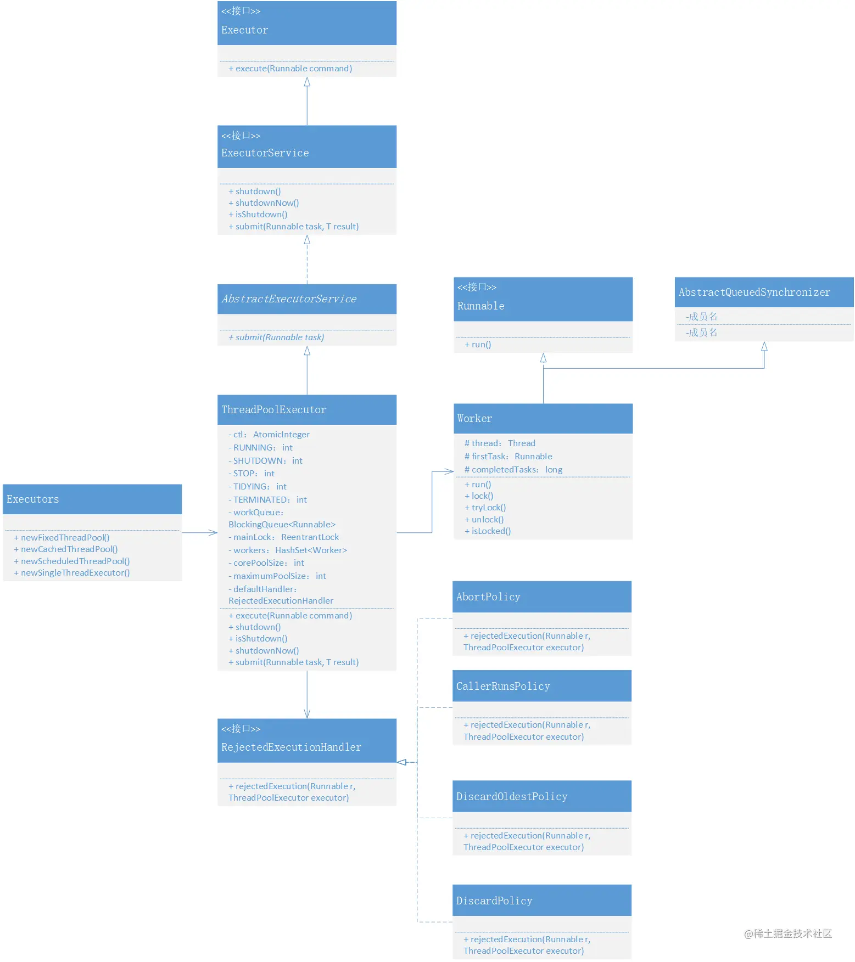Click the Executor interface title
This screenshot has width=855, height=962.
(x=245, y=30)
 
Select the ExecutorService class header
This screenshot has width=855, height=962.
(x=265, y=153)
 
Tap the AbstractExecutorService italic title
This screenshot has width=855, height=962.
(x=289, y=299)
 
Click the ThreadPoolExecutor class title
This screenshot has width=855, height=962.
(x=274, y=410)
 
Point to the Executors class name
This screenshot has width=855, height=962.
(x=33, y=499)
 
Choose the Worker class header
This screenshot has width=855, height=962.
(x=475, y=419)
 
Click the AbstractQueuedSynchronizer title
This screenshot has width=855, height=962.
(x=755, y=292)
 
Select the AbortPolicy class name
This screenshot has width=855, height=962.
(x=488, y=597)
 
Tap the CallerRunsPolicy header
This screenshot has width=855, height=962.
(x=503, y=687)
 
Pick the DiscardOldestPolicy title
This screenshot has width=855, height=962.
(x=512, y=797)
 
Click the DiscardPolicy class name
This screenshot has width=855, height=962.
(x=494, y=901)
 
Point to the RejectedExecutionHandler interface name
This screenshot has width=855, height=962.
(x=292, y=747)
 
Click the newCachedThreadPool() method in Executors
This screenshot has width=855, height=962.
(x=66, y=549)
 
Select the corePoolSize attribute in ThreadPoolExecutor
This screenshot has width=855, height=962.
(x=266, y=563)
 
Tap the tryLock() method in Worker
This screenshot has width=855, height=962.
(x=485, y=508)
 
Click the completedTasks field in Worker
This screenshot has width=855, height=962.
(x=513, y=470)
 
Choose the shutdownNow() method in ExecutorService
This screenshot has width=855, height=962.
(x=264, y=203)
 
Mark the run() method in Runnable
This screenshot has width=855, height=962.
(x=478, y=345)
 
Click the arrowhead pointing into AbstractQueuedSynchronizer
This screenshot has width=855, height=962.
(x=764, y=346)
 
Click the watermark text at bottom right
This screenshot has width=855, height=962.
(x=788, y=933)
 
